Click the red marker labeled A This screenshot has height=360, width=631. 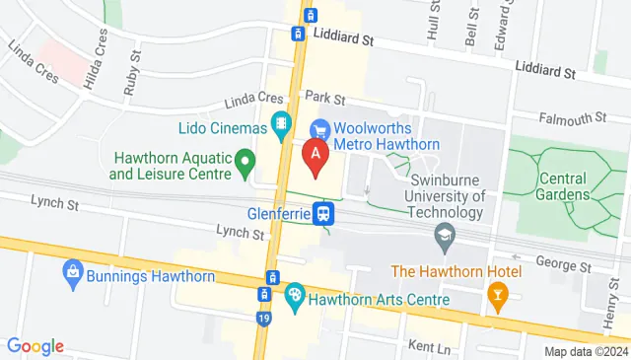click(x=315, y=156)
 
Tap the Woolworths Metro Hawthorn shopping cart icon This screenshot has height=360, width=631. click(x=318, y=129)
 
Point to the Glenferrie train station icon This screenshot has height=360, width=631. click(x=322, y=213)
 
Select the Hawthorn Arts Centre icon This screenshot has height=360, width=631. click(x=294, y=294)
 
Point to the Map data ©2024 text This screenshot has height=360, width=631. click(x=586, y=351)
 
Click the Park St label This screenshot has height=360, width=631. click(x=324, y=99)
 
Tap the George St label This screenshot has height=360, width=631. click(x=562, y=265)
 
